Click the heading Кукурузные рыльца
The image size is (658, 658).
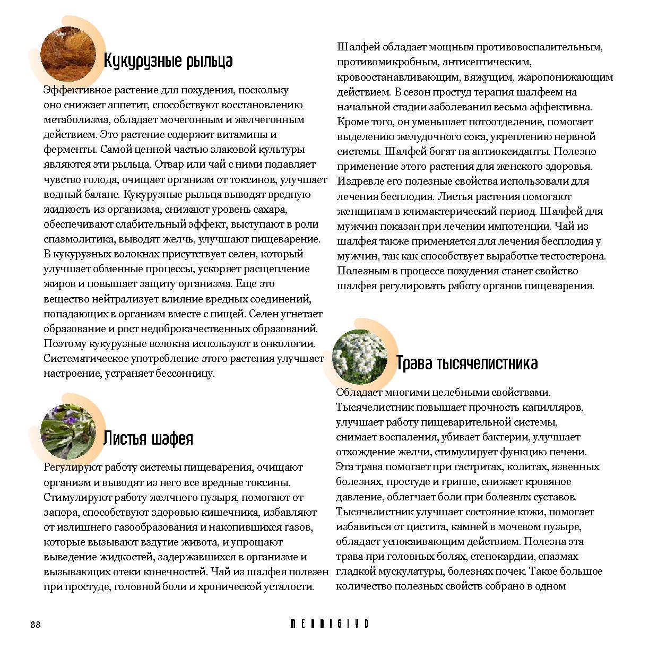pos(168,61)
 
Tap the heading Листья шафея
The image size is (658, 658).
pos(148,438)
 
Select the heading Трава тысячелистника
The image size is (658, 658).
pos(466,363)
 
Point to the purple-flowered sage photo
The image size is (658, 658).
pos(67,431)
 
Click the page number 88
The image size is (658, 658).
pos(36,624)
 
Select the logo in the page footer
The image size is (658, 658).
pos(329,624)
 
